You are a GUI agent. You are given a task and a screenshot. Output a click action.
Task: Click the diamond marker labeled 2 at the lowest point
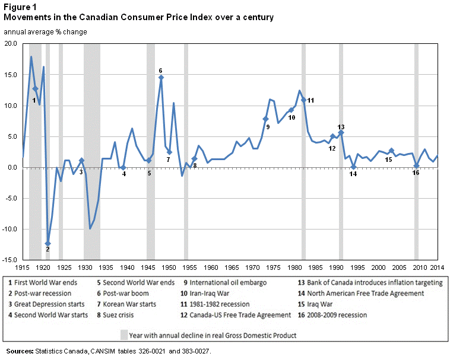pos(48,243)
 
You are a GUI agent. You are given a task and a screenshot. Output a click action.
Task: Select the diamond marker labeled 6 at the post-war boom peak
pos(161,78)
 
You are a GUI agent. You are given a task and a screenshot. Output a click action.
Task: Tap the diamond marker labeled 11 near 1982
pos(304,100)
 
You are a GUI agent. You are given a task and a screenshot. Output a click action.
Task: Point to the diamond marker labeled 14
pos(353,167)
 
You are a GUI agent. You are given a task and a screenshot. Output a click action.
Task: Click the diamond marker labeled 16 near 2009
pos(416,166)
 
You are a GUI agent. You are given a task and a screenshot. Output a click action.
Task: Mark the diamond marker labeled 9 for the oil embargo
pos(266,119)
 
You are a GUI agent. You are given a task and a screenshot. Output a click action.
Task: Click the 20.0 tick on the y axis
pos(11,44)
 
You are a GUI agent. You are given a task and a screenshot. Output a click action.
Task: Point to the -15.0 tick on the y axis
pos(11,260)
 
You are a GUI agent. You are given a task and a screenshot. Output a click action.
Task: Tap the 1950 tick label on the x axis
pos(169,267)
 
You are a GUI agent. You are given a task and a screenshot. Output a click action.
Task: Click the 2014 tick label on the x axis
pos(438,267)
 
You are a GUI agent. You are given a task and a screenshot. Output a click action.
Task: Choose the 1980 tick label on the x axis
pos(295,267)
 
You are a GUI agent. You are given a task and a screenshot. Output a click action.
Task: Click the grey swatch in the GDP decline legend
pos(123,334)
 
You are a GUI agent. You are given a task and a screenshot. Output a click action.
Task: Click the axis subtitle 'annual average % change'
pos(45,31)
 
